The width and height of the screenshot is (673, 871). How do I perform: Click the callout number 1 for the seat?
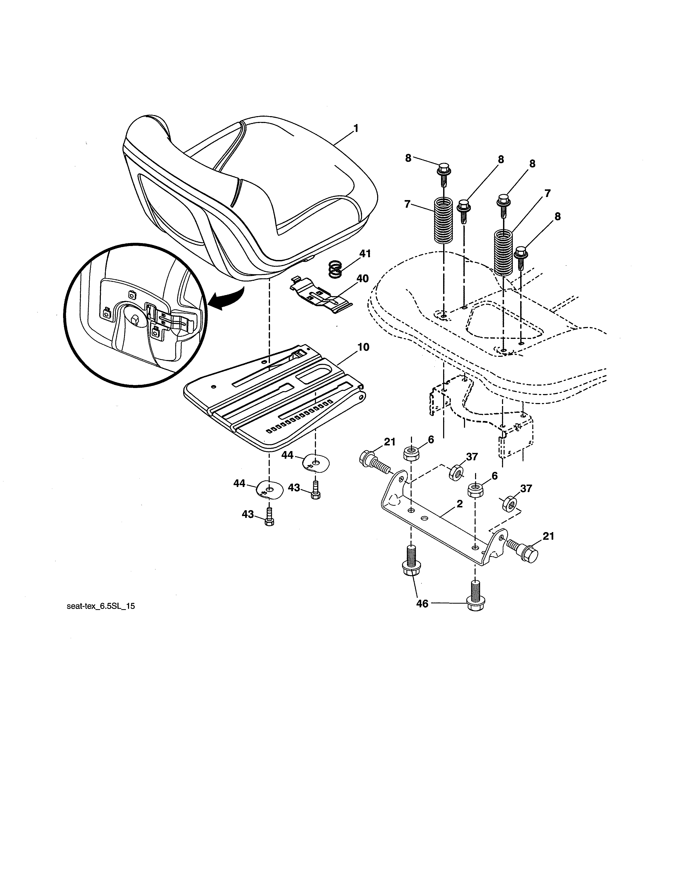click(x=355, y=129)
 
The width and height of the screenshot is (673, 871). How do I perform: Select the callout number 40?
click(x=362, y=278)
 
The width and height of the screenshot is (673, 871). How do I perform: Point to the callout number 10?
click(x=363, y=347)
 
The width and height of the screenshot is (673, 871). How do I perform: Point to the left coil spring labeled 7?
click(x=443, y=220)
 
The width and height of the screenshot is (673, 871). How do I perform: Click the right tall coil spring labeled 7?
click(x=503, y=252)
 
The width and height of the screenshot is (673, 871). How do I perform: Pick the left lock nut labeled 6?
click(x=411, y=453)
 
